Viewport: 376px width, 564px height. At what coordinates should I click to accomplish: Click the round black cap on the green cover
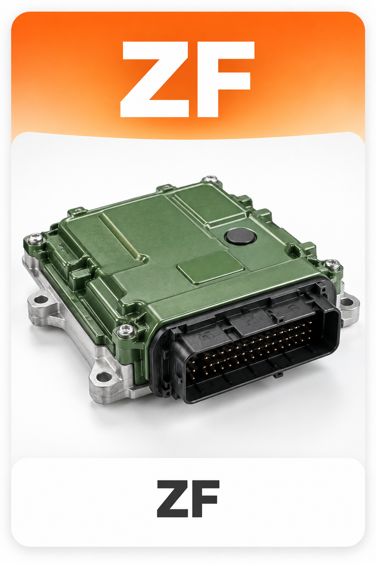(241, 237)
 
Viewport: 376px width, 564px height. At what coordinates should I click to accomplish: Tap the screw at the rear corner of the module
(210, 180)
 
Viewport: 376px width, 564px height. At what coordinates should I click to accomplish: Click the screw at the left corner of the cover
(34, 238)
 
